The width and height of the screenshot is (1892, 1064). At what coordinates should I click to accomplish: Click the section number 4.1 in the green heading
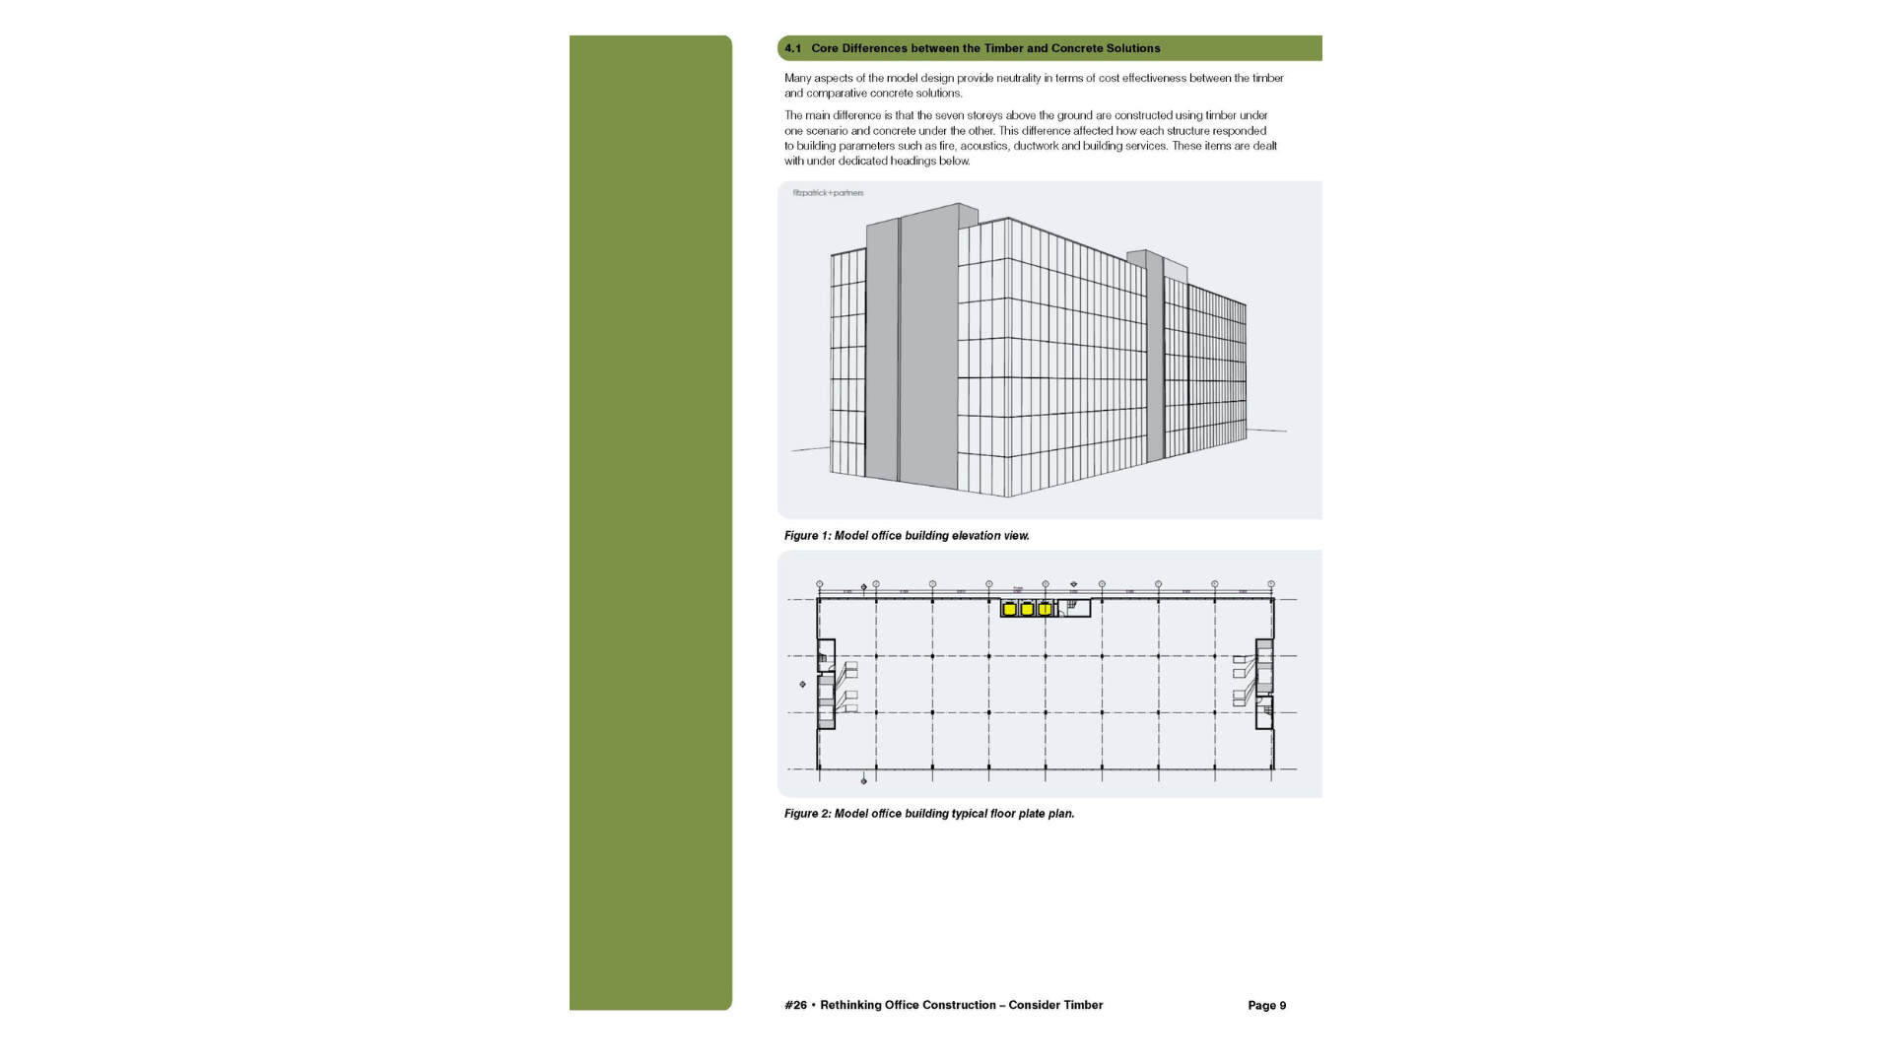[792, 48]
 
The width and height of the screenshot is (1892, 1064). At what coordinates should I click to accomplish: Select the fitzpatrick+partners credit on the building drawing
[828, 193]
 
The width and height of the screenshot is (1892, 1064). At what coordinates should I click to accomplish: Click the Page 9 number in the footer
[1266, 1006]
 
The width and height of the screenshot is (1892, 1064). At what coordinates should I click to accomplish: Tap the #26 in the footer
[795, 1006]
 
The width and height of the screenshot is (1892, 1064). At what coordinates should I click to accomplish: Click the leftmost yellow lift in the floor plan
[1009, 609]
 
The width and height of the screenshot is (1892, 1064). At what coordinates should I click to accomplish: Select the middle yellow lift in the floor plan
[1027, 609]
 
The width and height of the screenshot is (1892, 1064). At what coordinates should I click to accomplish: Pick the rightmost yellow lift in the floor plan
[1045, 609]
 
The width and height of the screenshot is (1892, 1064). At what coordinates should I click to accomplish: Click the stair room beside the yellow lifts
[1074, 609]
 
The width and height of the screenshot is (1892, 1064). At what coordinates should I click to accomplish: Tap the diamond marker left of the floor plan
[802, 684]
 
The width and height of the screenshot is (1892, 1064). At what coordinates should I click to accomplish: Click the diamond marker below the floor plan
[864, 781]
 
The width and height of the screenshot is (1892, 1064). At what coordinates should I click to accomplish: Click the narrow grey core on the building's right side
[1155, 360]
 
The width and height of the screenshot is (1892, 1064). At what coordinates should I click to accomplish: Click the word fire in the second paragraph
[947, 146]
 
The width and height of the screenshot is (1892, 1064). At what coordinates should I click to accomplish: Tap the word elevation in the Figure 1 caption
[976, 536]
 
